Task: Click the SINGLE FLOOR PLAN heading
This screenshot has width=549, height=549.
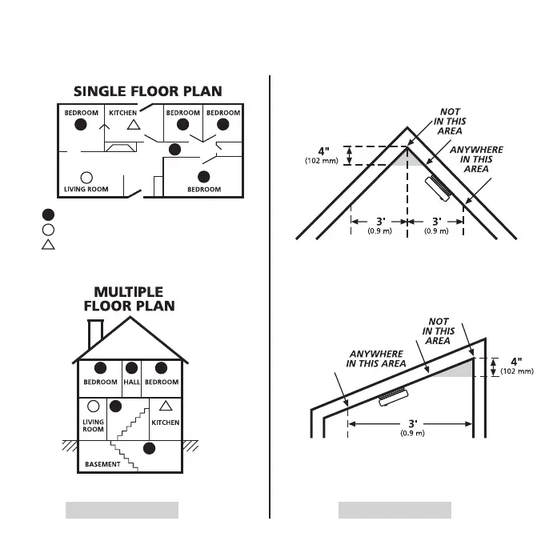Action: pos(148,91)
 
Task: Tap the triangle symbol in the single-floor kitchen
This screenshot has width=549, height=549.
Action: pos(134,125)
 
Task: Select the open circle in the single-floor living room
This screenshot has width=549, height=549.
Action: pos(86,177)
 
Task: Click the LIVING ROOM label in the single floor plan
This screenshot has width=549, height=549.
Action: pos(86,190)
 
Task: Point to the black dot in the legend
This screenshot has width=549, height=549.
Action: pos(48,214)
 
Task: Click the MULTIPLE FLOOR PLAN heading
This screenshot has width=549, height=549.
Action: pos(129,299)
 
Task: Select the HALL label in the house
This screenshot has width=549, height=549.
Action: pos(131,383)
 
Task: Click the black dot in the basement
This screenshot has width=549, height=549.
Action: pos(148,447)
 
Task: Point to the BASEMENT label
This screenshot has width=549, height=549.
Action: pos(102,464)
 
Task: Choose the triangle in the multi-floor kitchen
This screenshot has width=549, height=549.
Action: pos(166,405)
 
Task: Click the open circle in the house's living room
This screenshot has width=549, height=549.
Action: pos(94,406)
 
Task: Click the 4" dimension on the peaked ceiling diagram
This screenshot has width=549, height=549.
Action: pos(323,151)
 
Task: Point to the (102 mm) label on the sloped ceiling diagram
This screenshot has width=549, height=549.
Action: pos(516,371)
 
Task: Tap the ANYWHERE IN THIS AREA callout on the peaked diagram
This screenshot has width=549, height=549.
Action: pos(476,159)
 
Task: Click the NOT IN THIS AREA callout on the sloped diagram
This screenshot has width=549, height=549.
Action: pos(438,331)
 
